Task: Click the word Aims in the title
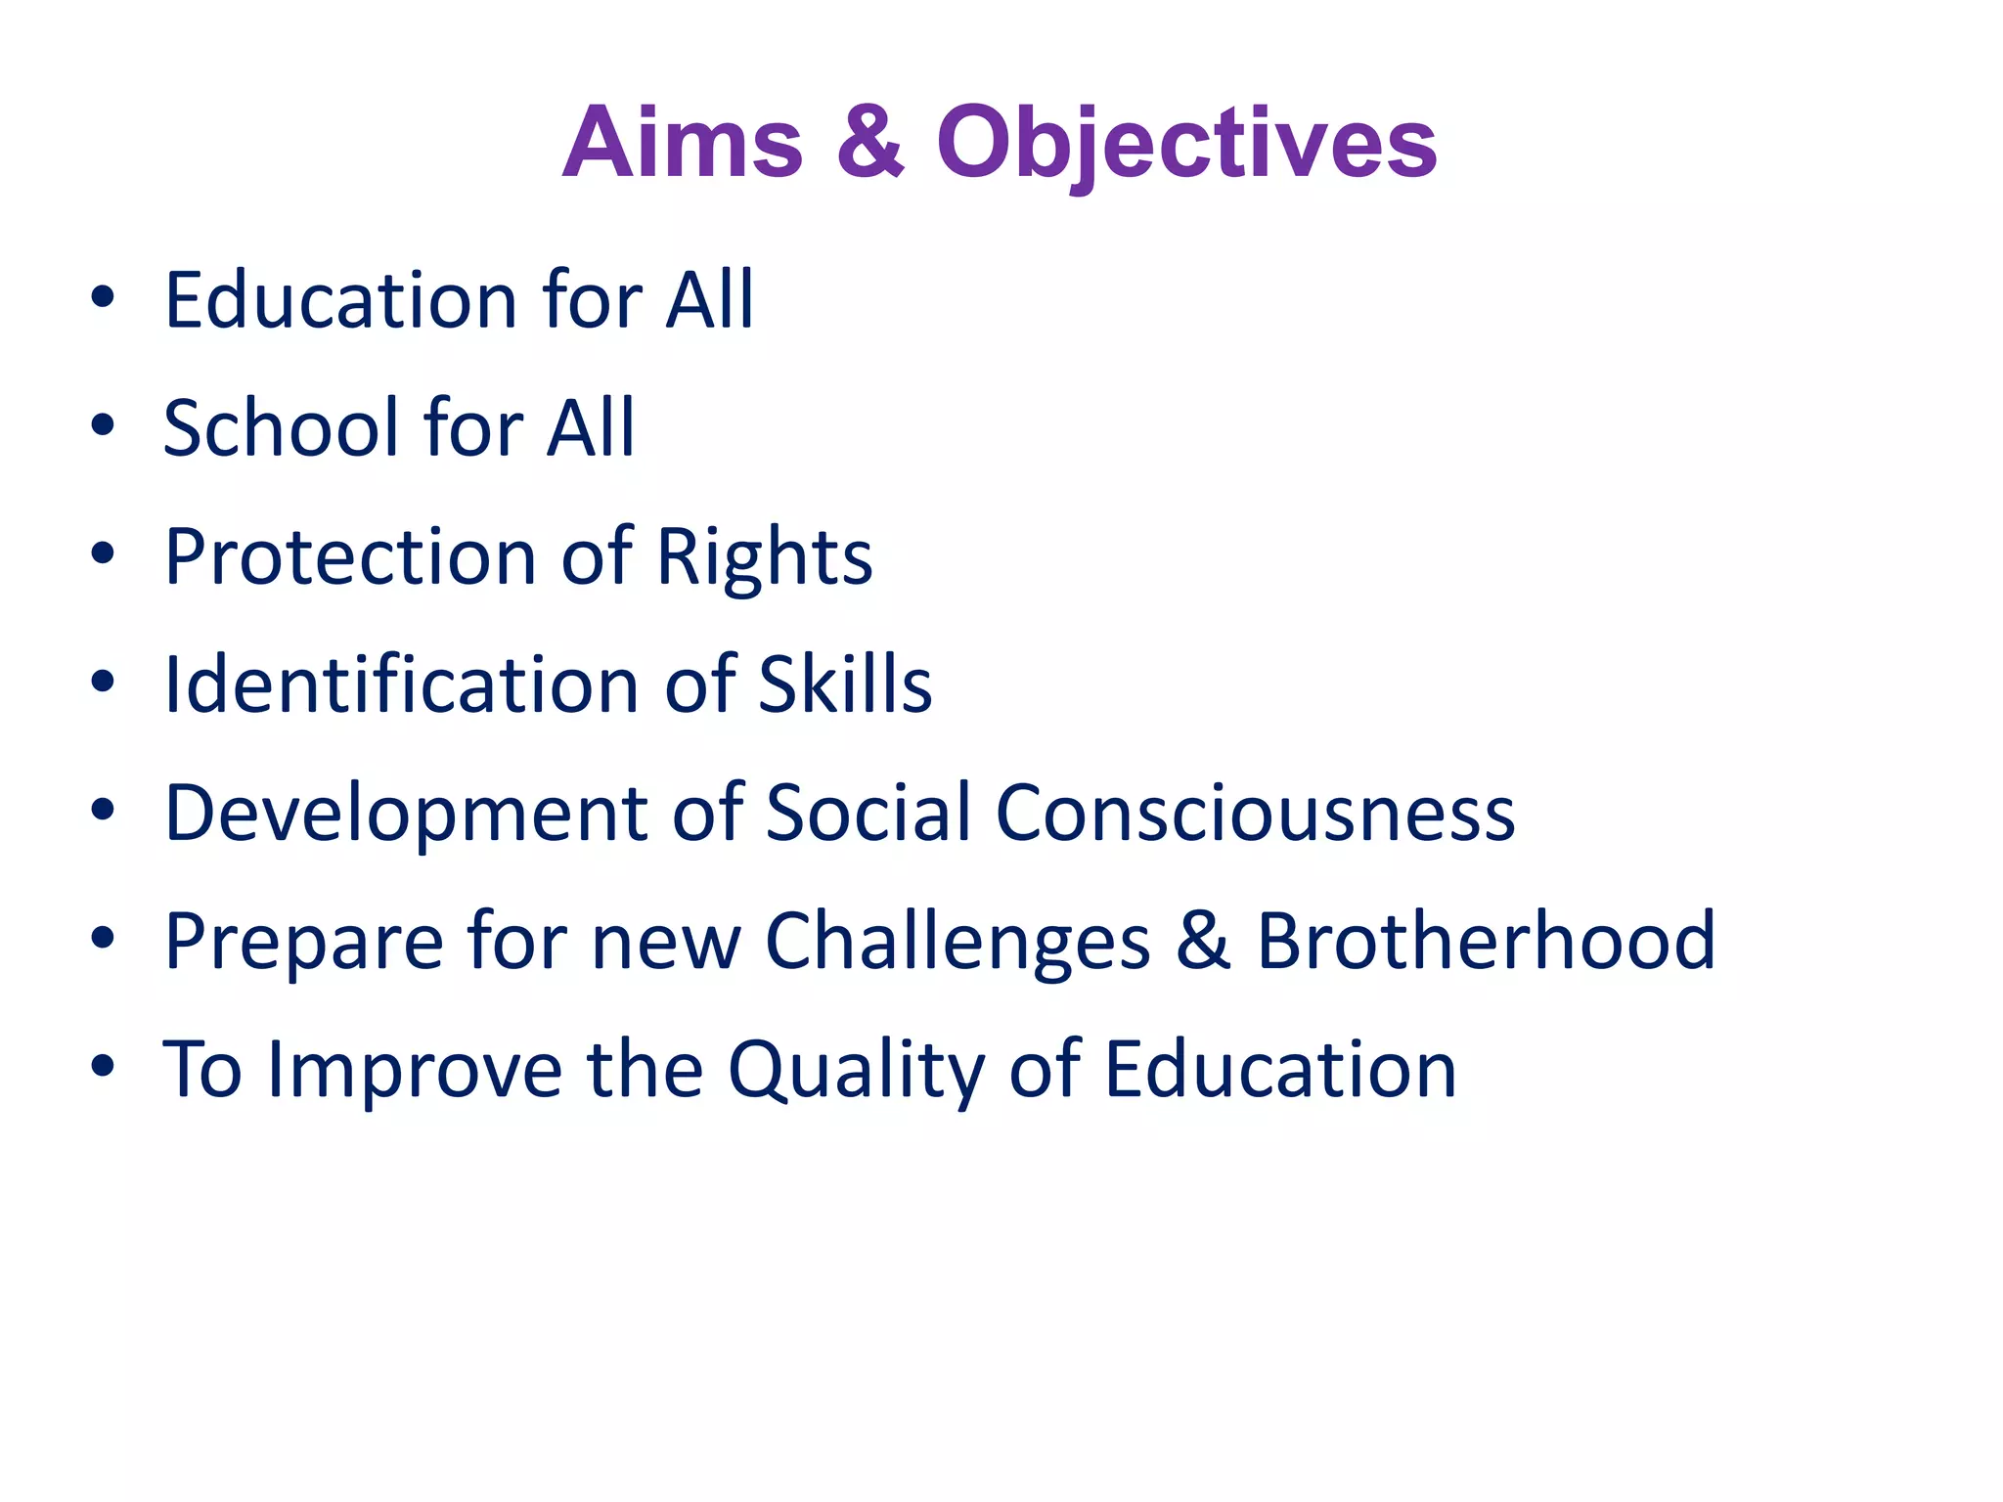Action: click(x=682, y=143)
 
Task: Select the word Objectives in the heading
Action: click(x=1186, y=145)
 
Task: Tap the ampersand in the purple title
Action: click(x=869, y=143)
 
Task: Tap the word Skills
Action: click(x=845, y=685)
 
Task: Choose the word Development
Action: click(x=406, y=814)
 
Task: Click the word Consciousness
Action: click(x=1255, y=813)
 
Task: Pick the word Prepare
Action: click(x=304, y=943)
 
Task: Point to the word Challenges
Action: click(x=957, y=943)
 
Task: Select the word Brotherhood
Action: click(x=1486, y=941)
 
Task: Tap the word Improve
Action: click(x=416, y=1070)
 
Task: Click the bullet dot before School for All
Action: click(x=103, y=425)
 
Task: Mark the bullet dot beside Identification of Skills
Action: click(x=103, y=682)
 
